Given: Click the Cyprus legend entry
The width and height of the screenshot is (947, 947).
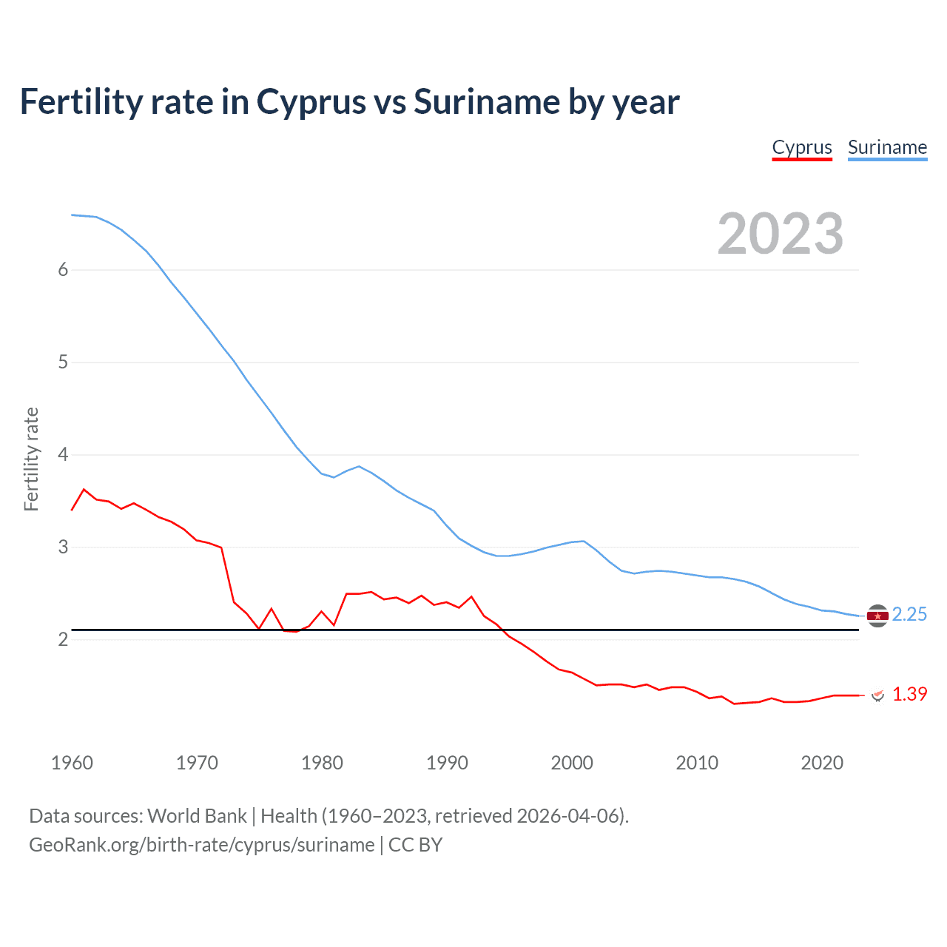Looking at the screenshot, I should tap(802, 147).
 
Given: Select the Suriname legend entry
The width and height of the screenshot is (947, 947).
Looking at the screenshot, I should tap(887, 147).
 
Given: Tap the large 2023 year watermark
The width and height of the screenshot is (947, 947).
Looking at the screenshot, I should tap(780, 234).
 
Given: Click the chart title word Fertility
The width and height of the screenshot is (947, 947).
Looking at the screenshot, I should tap(78, 101).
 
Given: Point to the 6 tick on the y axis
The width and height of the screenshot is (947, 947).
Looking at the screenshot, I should tap(63, 270).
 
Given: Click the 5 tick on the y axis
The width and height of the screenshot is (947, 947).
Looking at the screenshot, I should tap(63, 363).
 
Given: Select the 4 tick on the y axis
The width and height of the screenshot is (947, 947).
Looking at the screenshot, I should tap(63, 455).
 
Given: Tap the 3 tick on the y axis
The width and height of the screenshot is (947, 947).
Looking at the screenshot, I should tap(63, 547).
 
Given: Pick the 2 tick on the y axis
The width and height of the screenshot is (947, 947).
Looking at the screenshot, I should tap(63, 640).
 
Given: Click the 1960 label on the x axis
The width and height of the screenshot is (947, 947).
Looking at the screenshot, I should tap(72, 763).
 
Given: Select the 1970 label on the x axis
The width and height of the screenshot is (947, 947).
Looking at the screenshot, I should tap(197, 763).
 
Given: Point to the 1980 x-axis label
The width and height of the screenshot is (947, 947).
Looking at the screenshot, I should tap(322, 763).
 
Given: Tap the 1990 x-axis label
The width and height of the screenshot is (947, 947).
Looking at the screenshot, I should tap(447, 763).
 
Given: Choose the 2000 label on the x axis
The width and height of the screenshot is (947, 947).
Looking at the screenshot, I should tap(572, 763).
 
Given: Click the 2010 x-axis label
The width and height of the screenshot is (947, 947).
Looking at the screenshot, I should tap(697, 763).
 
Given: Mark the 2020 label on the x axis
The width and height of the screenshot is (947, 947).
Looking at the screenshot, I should tap(822, 763).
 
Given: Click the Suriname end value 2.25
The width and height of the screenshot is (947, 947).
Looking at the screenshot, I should tap(909, 615).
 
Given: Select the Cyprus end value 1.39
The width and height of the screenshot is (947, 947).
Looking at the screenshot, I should tap(909, 695).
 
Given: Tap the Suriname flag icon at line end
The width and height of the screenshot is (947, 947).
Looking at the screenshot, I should tap(877, 616).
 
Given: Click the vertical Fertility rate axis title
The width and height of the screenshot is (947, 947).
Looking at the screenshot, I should tap(31, 459).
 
